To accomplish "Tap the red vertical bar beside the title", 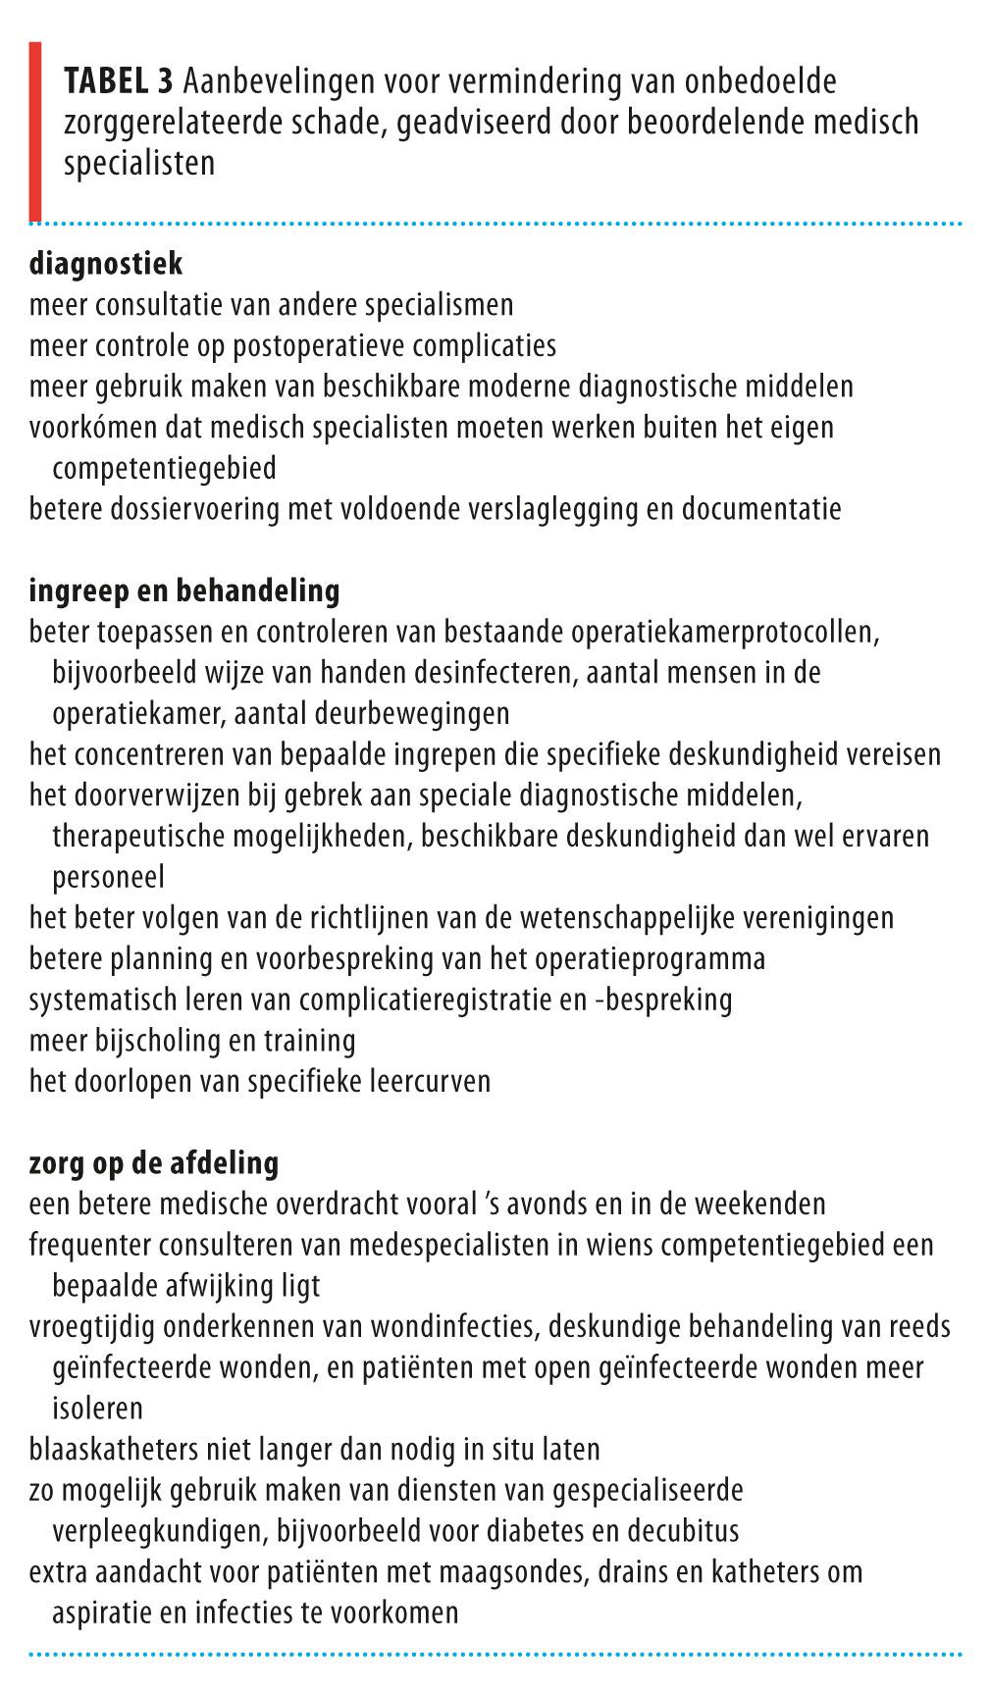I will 35,130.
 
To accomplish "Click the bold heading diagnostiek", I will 106,264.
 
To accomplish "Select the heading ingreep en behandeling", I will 184,590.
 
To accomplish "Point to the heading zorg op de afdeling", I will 154,1163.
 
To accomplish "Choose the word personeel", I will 108,877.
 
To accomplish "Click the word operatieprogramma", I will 654,959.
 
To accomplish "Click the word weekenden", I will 757,1205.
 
